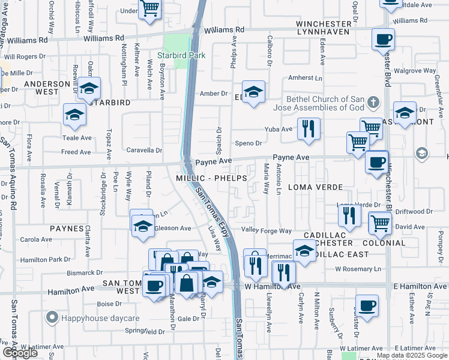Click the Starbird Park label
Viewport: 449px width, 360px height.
[x=181, y=55]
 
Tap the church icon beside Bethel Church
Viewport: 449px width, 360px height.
[x=375, y=100]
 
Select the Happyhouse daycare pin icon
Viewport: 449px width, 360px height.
[x=52, y=317]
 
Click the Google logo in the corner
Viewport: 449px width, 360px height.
[x=20, y=353]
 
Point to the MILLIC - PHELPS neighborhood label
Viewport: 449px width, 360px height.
[x=203, y=179]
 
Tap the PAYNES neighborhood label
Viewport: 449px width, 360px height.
[x=67, y=229]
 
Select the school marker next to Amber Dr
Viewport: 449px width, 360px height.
[x=254, y=92]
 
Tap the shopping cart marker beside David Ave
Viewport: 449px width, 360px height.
[x=381, y=222]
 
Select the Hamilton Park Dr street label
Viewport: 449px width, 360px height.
[x=46, y=260]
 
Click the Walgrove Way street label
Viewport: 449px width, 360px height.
[x=414, y=70]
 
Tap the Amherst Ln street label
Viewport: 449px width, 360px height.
[x=305, y=78]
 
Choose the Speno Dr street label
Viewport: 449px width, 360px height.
[x=249, y=143]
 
